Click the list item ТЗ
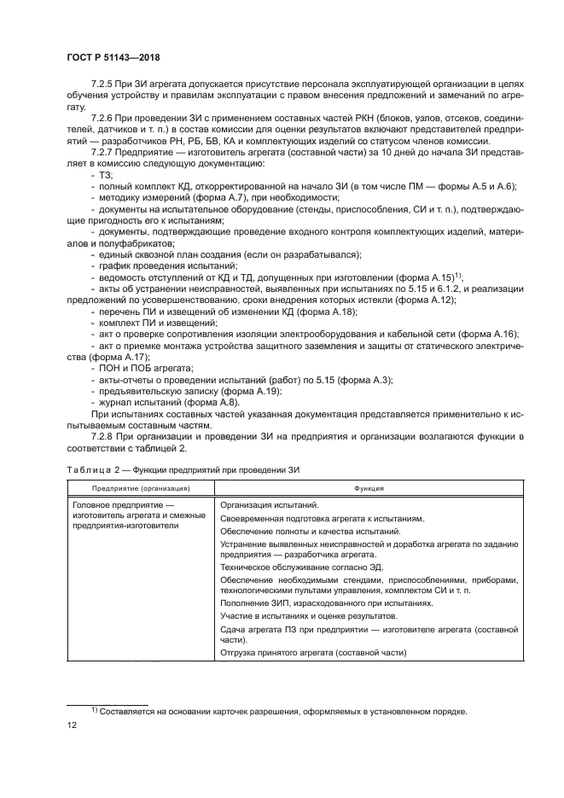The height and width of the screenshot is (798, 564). tap(107, 174)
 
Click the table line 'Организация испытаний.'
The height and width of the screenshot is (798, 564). tap(268, 505)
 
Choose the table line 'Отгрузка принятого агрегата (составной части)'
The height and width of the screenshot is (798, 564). tap(313, 653)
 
